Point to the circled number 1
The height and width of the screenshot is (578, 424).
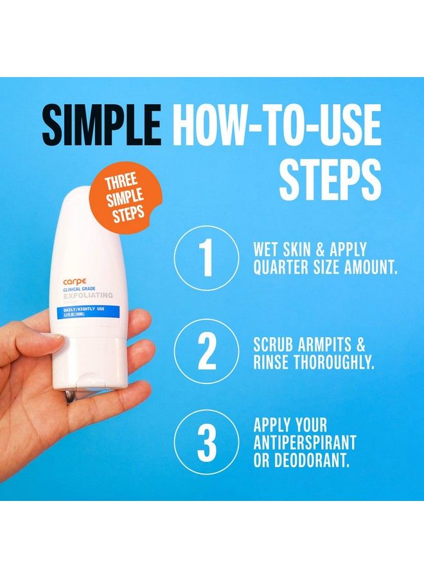coord(206,258)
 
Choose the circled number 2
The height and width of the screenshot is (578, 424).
coord(206,351)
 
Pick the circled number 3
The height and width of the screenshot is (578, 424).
coord(206,442)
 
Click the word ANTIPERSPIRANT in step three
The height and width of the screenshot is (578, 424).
coord(305,443)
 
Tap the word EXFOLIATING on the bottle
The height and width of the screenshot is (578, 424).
coord(88,296)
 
